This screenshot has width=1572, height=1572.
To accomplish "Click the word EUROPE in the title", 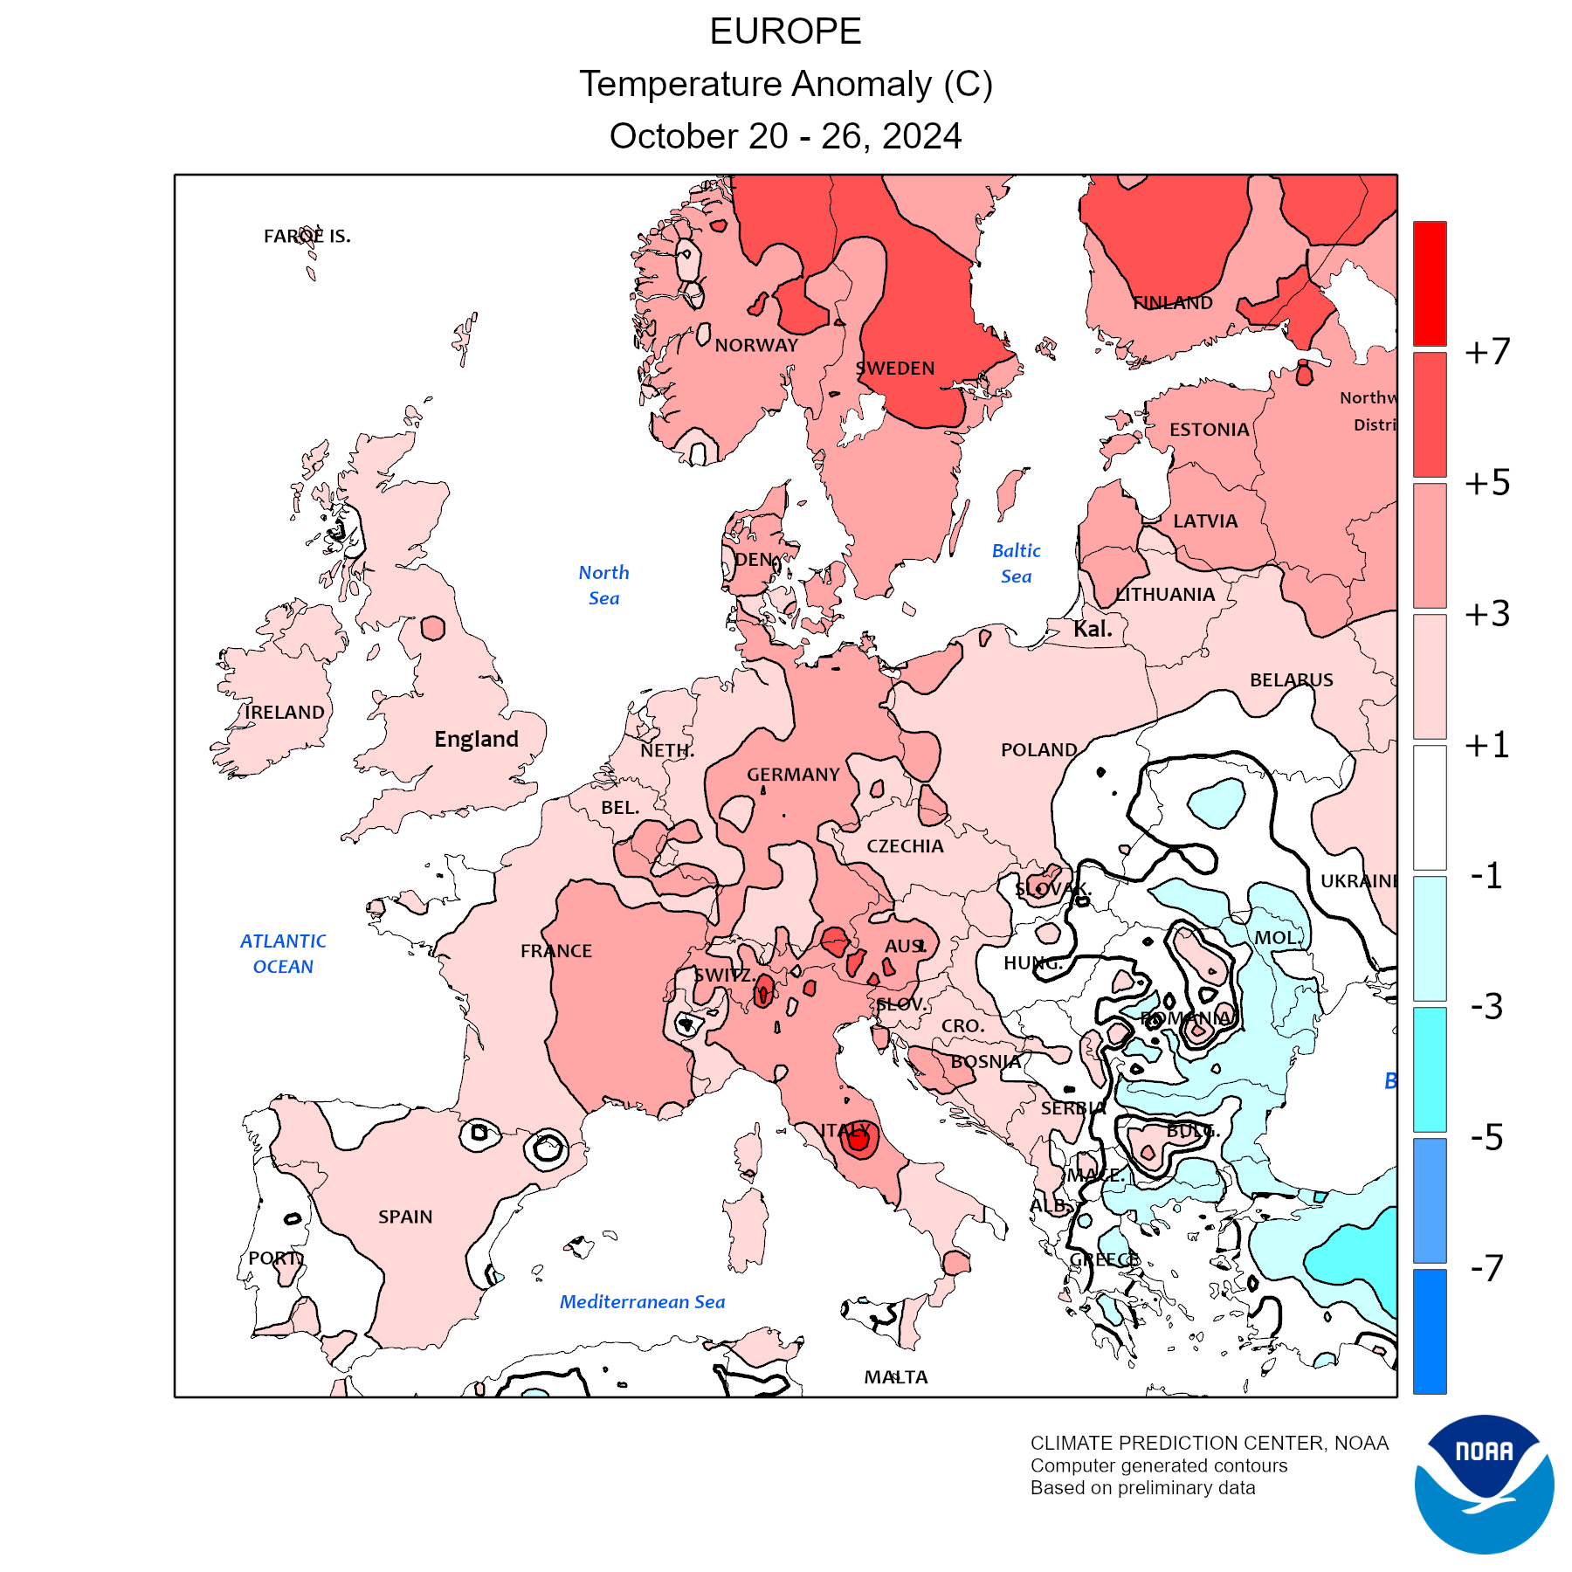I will click(785, 32).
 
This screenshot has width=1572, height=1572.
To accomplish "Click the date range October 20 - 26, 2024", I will click(785, 136).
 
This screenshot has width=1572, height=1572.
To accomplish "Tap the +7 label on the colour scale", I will click(1487, 352).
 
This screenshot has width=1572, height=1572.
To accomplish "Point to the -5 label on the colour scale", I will click(1487, 1137).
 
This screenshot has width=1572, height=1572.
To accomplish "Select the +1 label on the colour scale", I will click(1487, 745).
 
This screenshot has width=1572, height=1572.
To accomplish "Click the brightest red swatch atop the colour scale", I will click(1430, 283).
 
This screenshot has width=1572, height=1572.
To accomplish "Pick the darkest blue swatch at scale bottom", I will click(1430, 1331).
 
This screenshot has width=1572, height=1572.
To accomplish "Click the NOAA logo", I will click(1484, 1484).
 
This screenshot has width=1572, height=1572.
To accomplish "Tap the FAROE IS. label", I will click(307, 236).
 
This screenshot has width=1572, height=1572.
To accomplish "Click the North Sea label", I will click(603, 585).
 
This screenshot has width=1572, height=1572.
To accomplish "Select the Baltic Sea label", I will click(1016, 563).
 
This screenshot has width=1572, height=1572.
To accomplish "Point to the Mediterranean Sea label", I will click(642, 1302).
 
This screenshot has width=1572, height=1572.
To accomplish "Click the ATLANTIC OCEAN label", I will click(283, 954).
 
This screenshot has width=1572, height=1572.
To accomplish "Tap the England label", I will click(476, 740).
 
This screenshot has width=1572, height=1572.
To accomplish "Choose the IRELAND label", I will click(285, 713).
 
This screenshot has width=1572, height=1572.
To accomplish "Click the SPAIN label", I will click(405, 1217).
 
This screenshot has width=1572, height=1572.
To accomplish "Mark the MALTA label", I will click(896, 1377).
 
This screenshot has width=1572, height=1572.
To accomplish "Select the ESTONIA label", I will click(1209, 430).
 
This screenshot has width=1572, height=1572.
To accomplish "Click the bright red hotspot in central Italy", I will click(858, 1140).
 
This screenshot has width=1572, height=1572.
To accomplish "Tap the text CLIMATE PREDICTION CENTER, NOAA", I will click(1209, 1444).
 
